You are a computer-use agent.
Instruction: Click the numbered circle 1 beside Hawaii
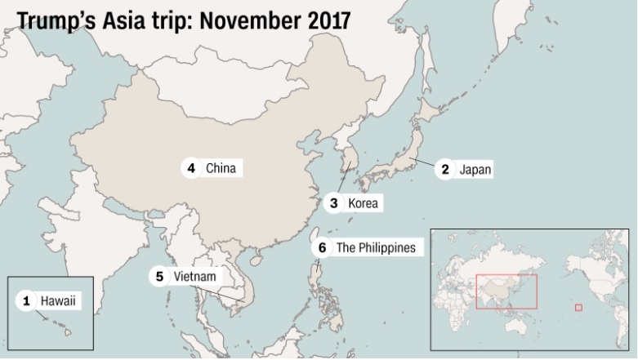[x=26, y=301]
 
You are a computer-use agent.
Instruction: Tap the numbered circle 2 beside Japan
[x=445, y=169]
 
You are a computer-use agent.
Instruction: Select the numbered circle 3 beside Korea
[x=334, y=202]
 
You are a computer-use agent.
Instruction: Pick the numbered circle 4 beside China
[x=191, y=168]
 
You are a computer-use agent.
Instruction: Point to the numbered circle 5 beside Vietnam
[x=159, y=276]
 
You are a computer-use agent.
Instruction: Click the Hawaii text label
[x=60, y=301]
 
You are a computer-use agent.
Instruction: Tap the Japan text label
[x=475, y=169]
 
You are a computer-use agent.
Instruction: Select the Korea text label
[x=364, y=202]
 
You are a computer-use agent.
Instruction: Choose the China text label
[x=221, y=168]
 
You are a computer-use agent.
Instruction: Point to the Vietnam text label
[x=195, y=276]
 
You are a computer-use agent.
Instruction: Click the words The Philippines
[x=376, y=247]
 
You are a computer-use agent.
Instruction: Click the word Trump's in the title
[x=58, y=20]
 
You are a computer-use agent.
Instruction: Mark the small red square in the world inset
[x=578, y=307]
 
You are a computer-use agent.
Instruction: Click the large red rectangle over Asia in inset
[x=506, y=291]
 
